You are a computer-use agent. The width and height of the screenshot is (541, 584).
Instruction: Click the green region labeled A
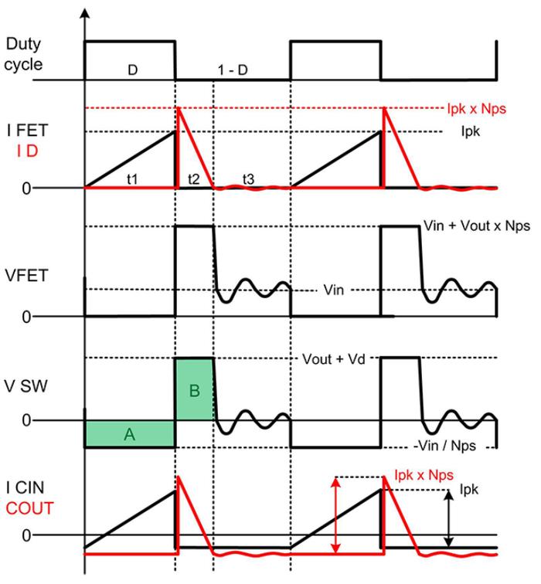tap(129, 434)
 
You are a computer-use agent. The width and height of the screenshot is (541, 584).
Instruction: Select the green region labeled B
tap(194, 389)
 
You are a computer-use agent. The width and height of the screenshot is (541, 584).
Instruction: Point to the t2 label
tap(194, 178)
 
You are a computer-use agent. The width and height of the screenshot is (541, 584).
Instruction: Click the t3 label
tap(248, 178)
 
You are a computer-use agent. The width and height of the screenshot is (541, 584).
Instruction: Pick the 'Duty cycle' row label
tap(24, 54)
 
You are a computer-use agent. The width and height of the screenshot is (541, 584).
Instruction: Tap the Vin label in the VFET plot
tap(333, 290)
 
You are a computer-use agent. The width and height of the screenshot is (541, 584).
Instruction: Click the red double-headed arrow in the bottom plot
tap(335, 516)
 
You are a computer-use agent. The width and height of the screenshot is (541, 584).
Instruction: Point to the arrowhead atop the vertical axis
tap(84, 13)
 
